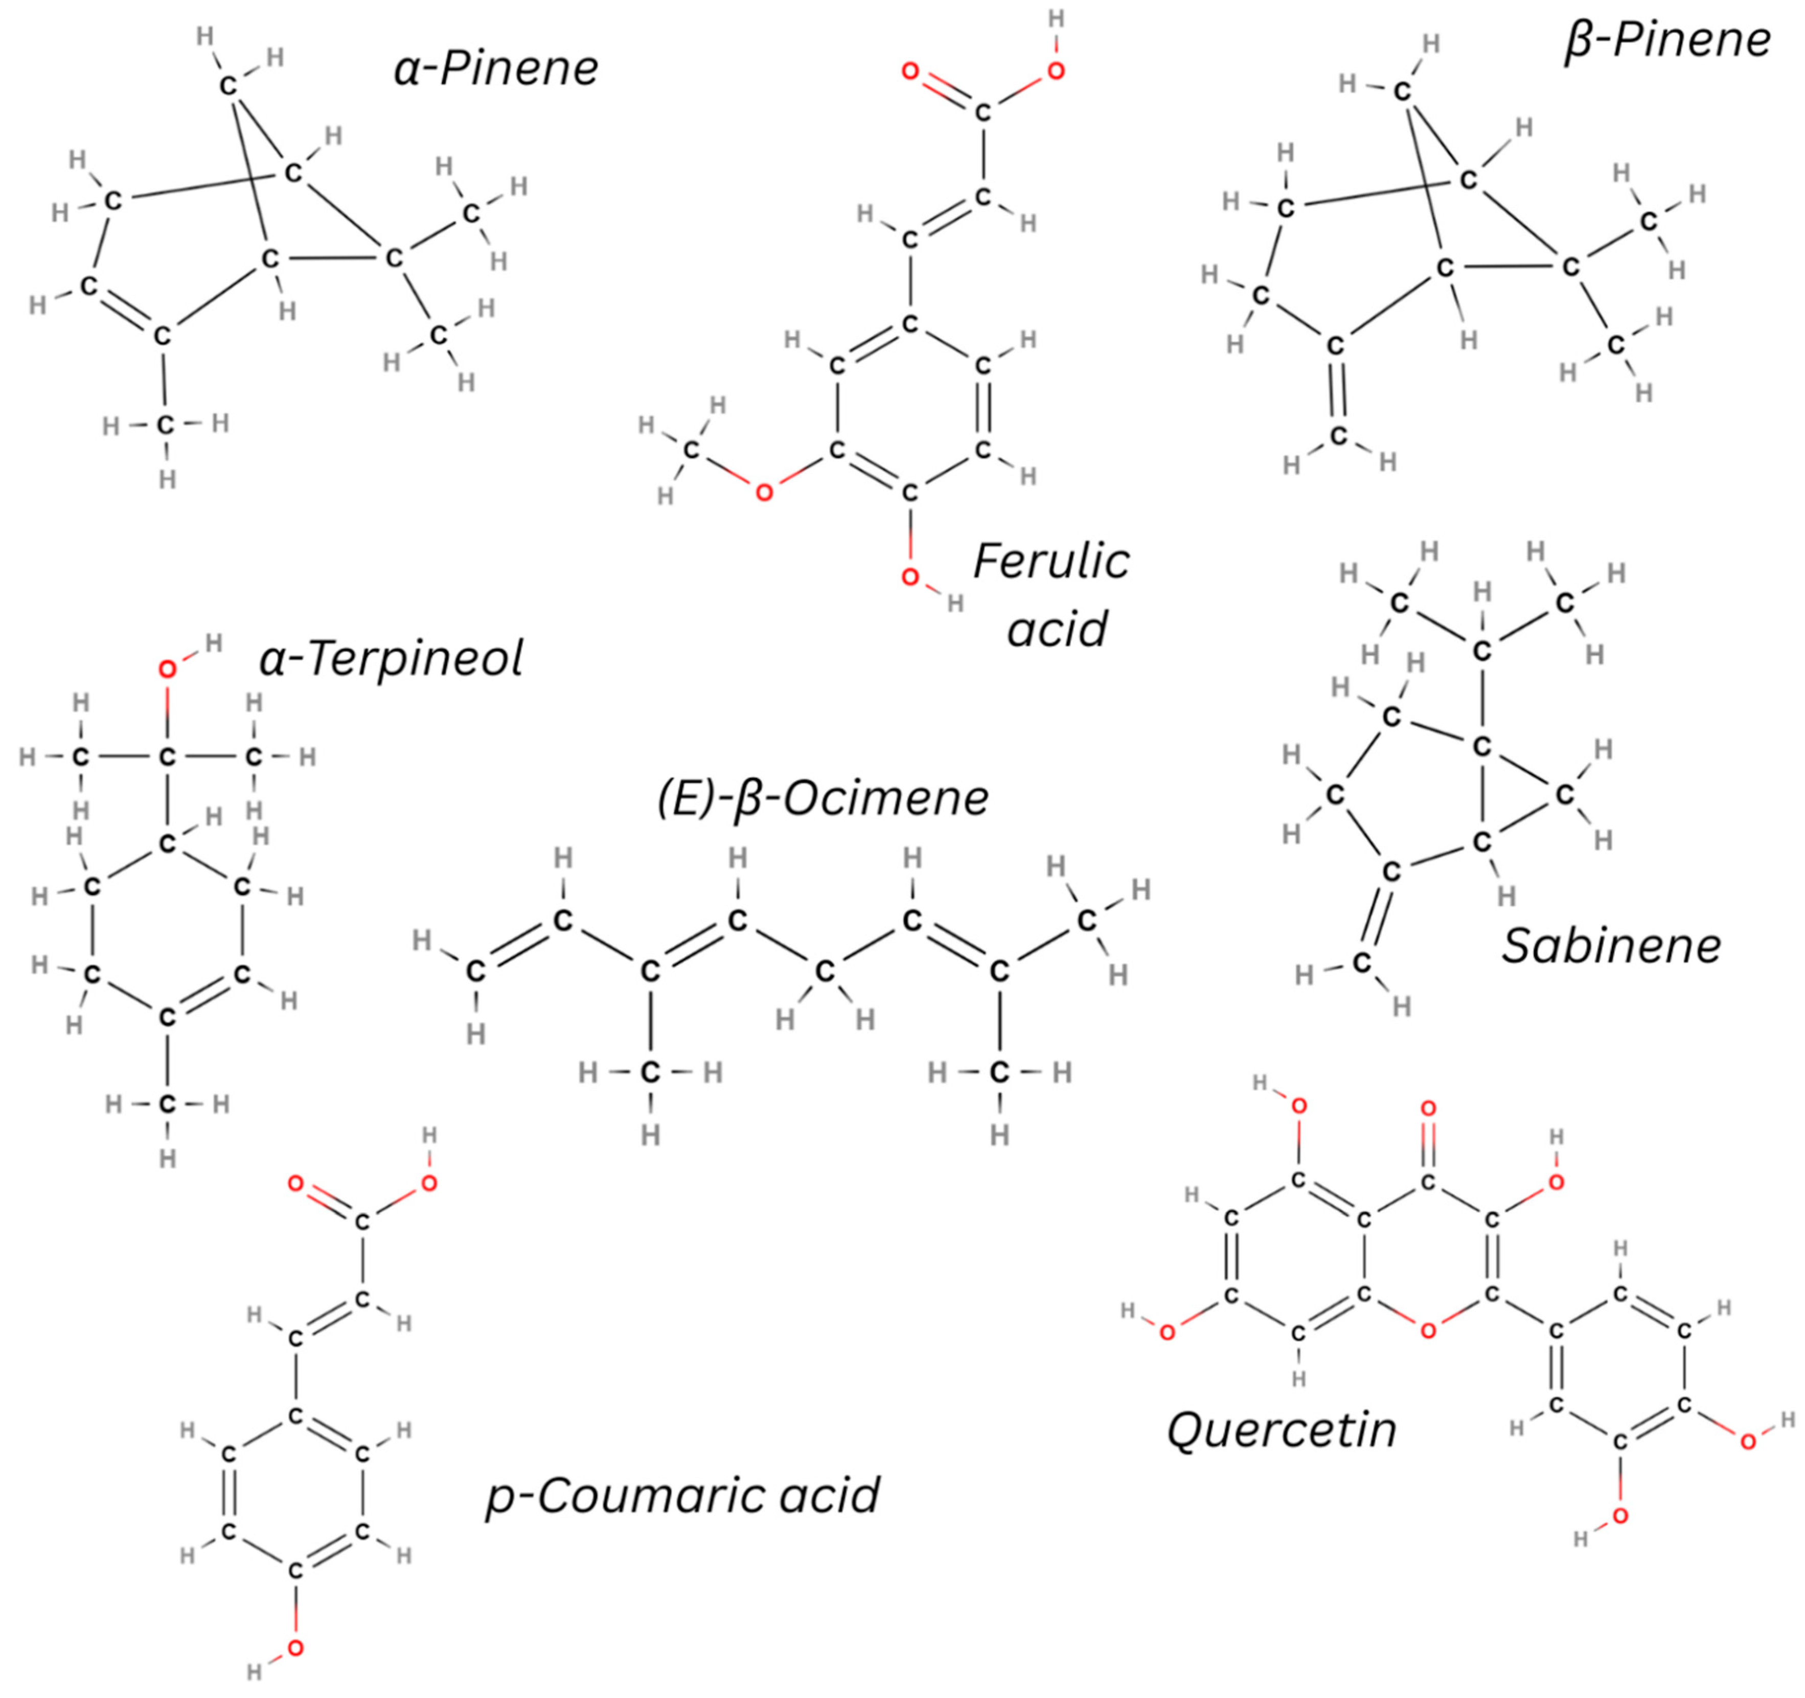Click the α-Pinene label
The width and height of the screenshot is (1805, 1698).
(x=496, y=69)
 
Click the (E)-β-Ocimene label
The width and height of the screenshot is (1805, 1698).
(x=822, y=798)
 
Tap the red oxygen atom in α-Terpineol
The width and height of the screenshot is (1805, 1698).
(x=167, y=670)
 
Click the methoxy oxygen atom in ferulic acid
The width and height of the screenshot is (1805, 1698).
(x=765, y=493)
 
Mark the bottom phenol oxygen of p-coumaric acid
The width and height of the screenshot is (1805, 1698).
(x=295, y=1648)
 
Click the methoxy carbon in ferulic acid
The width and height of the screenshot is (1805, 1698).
(x=692, y=449)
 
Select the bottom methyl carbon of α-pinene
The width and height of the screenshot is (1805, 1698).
(x=164, y=424)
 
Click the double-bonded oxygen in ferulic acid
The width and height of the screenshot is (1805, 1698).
(x=910, y=71)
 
